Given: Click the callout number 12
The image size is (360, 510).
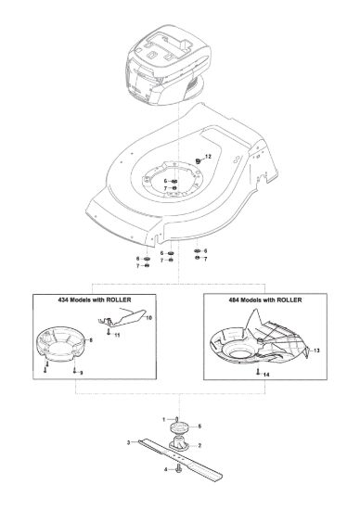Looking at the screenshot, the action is click(x=209, y=157).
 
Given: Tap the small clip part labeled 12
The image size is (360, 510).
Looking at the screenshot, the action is click(x=198, y=160).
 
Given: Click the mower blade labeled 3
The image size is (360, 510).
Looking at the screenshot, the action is click(x=181, y=459).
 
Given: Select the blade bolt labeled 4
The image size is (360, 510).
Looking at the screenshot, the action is click(x=178, y=470).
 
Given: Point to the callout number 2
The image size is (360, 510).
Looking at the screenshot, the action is click(x=199, y=445).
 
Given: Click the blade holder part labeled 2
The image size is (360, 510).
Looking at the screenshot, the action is click(x=179, y=444).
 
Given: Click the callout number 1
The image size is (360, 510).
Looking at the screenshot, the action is click(x=164, y=419).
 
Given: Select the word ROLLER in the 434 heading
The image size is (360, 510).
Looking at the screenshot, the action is click(x=119, y=300).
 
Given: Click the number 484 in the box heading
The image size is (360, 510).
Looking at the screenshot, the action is click(x=234, y=300).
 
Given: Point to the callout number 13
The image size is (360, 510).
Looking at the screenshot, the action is click(x=316, y=351).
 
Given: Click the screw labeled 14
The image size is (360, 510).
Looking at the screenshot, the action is click(x=257, y=371).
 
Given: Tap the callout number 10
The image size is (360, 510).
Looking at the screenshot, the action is click(x=148, y=318).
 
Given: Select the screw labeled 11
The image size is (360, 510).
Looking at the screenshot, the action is click(x=109, y=332).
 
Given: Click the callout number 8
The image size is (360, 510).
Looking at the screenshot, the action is click(x=91, y=340).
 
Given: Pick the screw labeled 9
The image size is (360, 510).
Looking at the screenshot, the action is click(x=74, y=370).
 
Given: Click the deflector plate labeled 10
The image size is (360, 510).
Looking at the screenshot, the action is click(x=122, y=317).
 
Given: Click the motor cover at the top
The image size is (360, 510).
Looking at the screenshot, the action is click(x=167, y=64).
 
